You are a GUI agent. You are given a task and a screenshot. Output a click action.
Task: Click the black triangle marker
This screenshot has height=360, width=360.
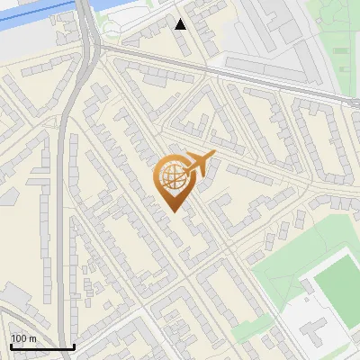(x=181, y=24)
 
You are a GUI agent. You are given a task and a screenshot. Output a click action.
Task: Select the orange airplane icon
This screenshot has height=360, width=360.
(x=199, y=165)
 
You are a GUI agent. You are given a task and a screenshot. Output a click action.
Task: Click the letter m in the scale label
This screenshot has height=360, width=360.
(x=33, y=337)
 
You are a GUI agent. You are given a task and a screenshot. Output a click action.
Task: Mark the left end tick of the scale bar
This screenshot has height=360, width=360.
(x=10, y=346)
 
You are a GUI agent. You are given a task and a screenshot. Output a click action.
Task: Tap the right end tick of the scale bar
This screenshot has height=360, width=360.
(x=74, y=346)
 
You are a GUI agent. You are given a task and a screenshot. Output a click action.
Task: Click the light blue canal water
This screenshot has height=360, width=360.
(x=36, y=22)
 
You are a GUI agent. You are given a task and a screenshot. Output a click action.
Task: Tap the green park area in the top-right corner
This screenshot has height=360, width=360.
(x=337, y=36)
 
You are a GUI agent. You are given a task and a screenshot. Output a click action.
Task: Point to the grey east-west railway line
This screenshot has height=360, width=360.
(x=225, y=72)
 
